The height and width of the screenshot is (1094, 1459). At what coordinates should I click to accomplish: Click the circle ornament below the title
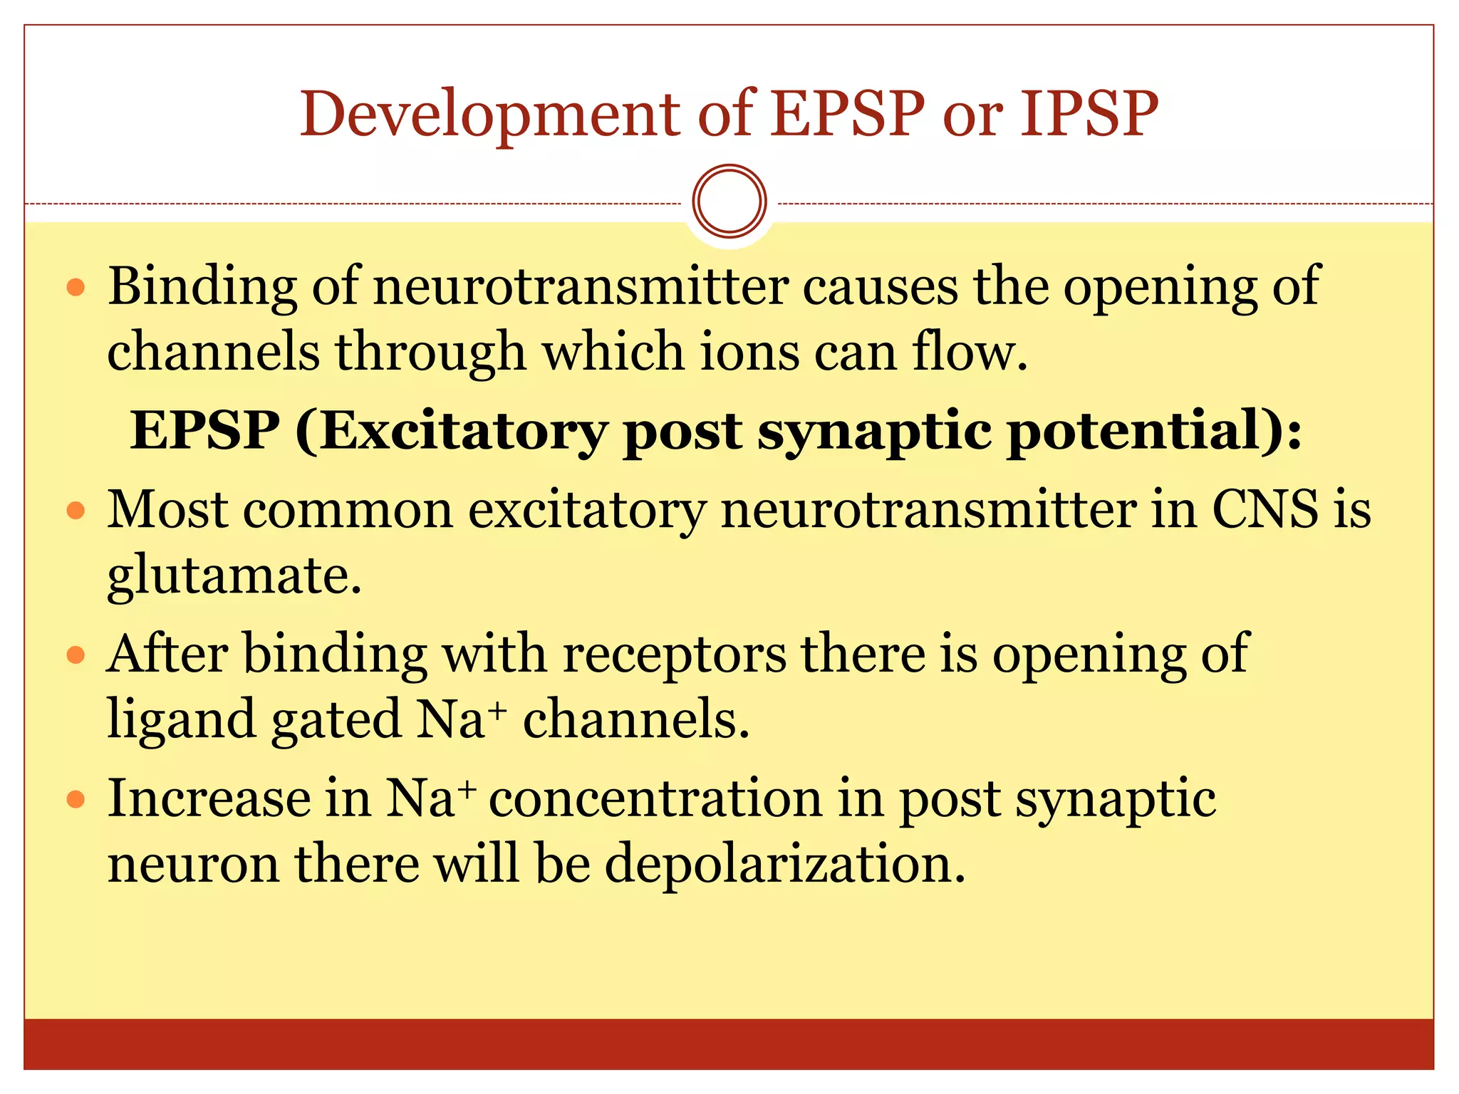(x=729, y=201)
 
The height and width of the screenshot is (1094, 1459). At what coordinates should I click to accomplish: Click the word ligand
(x=182, y=719)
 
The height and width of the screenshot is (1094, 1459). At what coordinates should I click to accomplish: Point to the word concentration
(x=655, y=798)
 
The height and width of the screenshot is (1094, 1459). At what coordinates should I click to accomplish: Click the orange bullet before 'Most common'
(x=76, y=511)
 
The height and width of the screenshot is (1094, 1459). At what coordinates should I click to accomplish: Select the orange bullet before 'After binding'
(x=76, y=655)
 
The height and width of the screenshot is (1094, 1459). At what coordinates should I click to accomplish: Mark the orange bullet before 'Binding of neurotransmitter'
(x=76, y=288)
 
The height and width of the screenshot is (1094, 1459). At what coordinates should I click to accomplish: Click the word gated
(x=336, y=719)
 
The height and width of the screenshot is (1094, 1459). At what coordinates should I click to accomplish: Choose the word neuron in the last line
(x=193, y=863)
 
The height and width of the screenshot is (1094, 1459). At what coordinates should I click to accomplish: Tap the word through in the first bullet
(x=431, y=352)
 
